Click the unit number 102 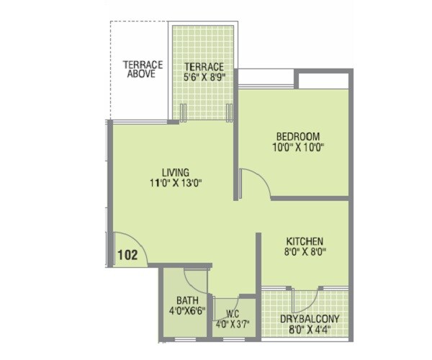(x=127, y=254)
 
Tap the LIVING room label (x=175, y=172)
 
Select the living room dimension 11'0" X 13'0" (x=175, y=183)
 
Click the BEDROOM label (x=297, y=137)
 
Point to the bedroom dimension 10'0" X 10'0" (x=297, y=148)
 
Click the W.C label (x=232, y=313)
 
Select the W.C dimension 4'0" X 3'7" (x=232, y=323)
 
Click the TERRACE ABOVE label (x=143, y=69)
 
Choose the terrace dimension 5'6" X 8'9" (x=203, y=78)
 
